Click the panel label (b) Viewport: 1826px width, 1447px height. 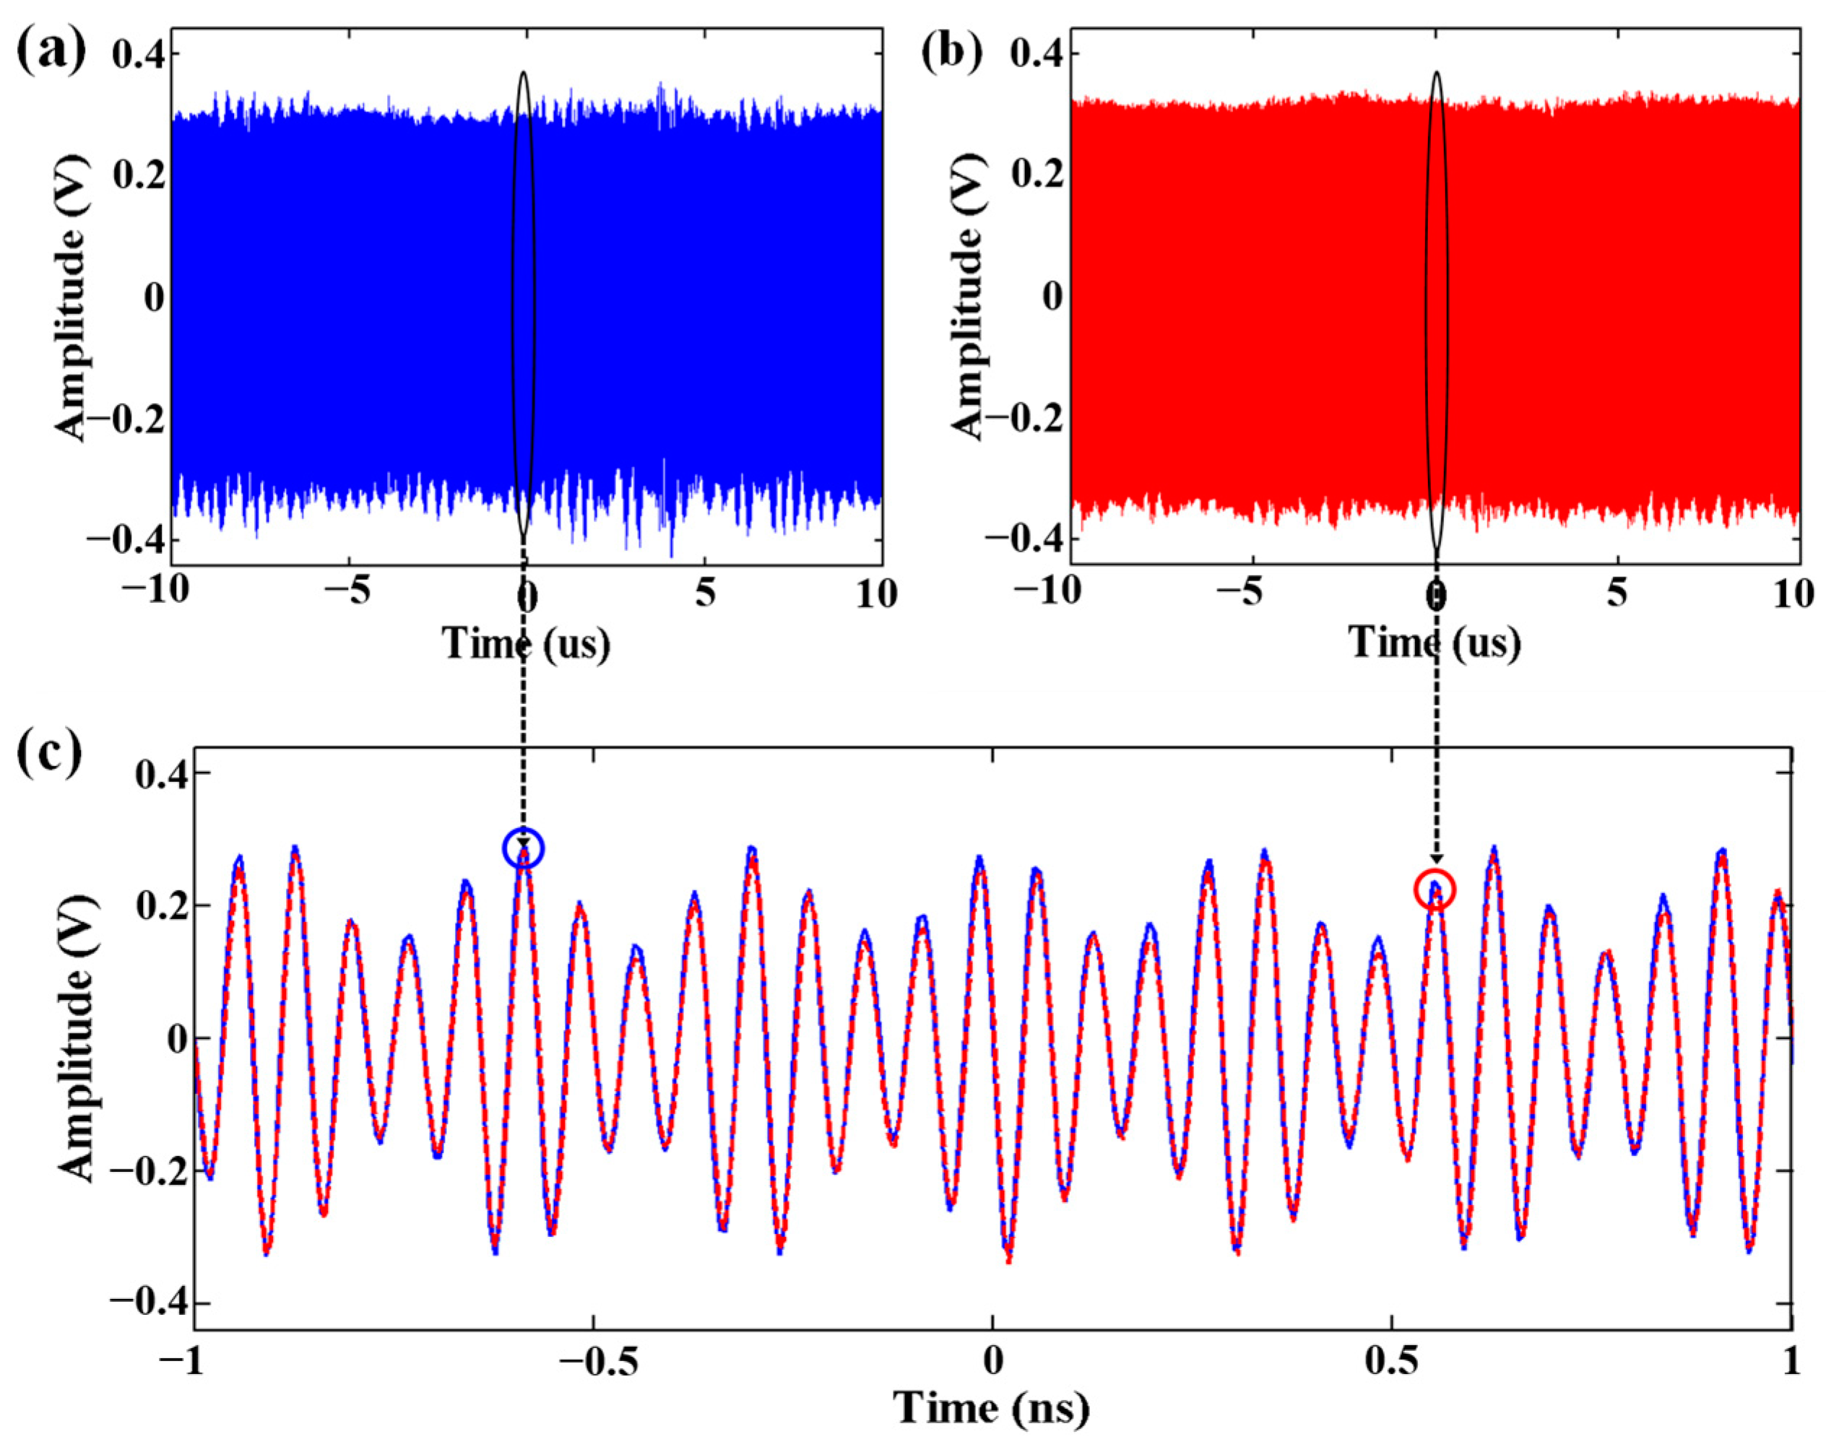[953, 49]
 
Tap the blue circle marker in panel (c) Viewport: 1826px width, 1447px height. [524, 848]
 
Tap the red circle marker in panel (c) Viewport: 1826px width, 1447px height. [1435, 890]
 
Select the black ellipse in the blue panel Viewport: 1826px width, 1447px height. [524, 305]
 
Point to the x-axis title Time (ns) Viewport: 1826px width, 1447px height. [992, 1408]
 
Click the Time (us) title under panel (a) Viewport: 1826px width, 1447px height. [526, 643]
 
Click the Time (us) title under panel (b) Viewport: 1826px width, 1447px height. [1435, 643]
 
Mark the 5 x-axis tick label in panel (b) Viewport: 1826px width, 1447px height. [1618, 594]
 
